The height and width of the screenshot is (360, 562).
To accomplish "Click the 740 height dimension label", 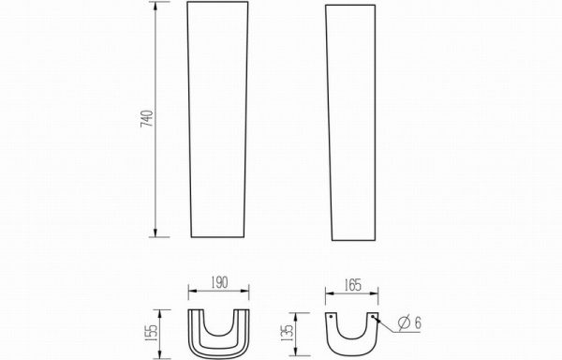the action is pyautogui.click(x=147, y=119).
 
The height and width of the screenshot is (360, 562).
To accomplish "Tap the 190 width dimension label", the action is pyautogui.click(x=219, y=282).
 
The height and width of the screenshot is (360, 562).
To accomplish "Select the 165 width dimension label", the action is pyautogui.click(x=353, y=285).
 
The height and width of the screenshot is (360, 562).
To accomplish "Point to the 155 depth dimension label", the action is pyautogui.click(x=152, y=333).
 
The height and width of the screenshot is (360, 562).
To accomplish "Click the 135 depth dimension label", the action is pyautogui.click(x=288, y=333).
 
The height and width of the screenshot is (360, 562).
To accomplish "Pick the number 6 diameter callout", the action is pyautogui.click(x=418, y=323).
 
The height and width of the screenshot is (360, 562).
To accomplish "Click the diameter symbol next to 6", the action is pyautogui.click(x=405, y=323).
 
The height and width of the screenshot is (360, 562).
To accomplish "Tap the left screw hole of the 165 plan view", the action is pyautogui.click(x=331, y=317).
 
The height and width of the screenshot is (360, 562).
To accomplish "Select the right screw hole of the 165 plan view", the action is pyautogui.click(x=373, y=317).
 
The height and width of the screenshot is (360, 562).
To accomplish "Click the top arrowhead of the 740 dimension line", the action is pyautogui.click(x=155, y=6).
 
